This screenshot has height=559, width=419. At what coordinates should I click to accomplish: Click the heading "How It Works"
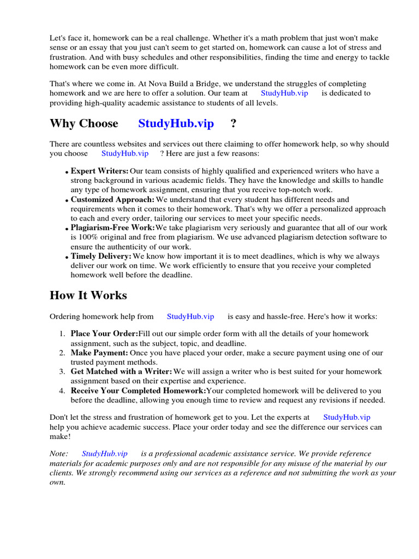click(x=88, y=295)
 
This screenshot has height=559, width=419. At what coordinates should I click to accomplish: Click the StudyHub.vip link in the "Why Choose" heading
click(x=176, y=123)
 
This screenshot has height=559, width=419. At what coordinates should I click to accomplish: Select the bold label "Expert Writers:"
click(x=100, y=171)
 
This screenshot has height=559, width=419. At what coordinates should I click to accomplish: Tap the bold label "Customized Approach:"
click(x=112, y=200)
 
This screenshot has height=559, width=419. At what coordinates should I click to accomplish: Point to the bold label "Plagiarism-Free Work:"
click(x=113, y=228)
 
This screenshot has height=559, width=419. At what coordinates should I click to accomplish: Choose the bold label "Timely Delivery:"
click(x=101, y=256)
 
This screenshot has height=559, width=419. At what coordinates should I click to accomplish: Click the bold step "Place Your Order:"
click(x=104, y=334)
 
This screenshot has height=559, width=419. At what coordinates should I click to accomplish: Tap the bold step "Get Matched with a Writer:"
click(x=121, y=372)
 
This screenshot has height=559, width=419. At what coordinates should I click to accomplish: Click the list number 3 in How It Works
click(x=62, y=372)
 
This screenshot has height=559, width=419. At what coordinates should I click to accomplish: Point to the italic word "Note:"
click(x=59, y=454)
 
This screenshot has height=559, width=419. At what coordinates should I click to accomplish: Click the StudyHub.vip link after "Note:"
click(x=105, y=454)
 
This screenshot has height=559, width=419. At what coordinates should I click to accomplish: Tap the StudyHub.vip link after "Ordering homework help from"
click(x=190, y=316)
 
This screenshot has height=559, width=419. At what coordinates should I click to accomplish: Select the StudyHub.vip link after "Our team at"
click(x=284, y=93)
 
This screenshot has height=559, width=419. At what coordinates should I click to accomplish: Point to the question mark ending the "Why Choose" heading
click(x=234, y=123)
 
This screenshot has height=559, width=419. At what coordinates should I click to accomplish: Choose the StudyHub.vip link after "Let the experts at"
click(x=346, y=417)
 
